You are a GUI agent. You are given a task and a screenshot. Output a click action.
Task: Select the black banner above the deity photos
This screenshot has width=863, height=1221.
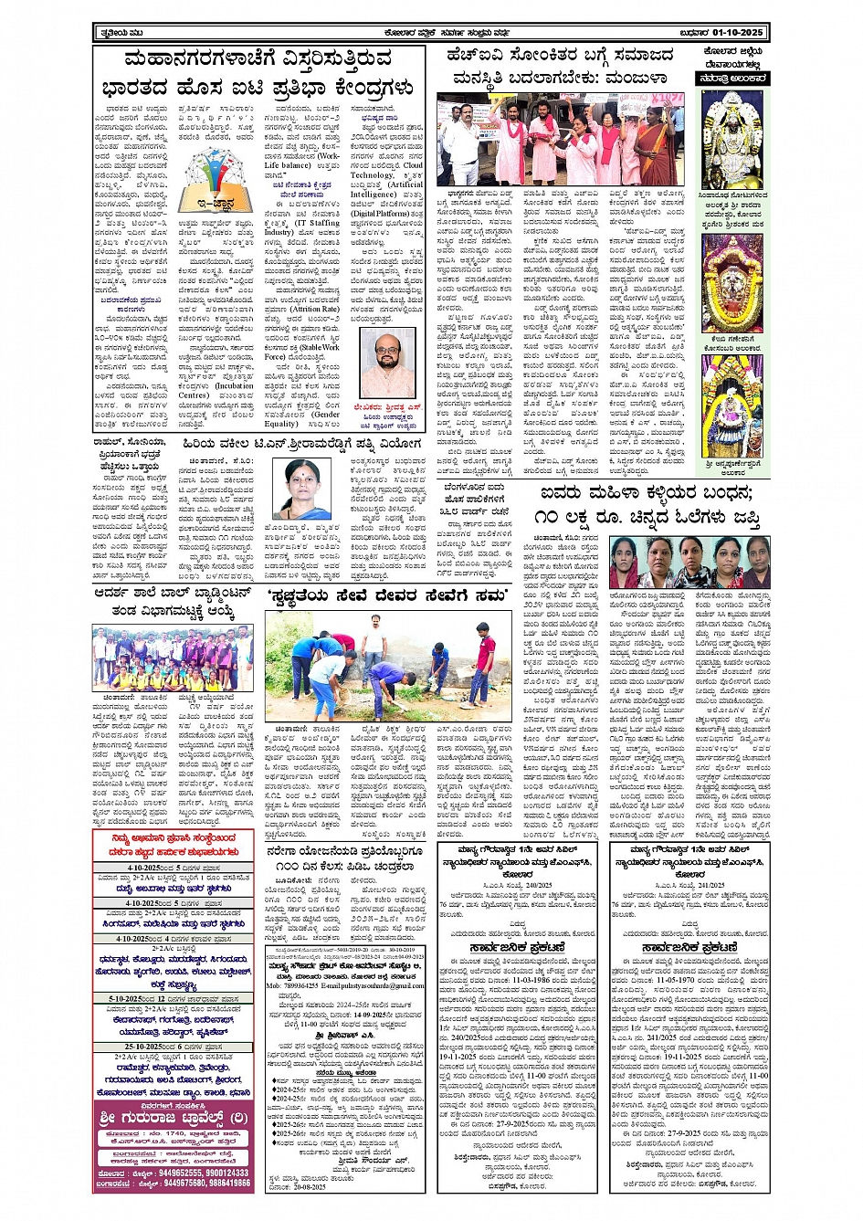point(733,79)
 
